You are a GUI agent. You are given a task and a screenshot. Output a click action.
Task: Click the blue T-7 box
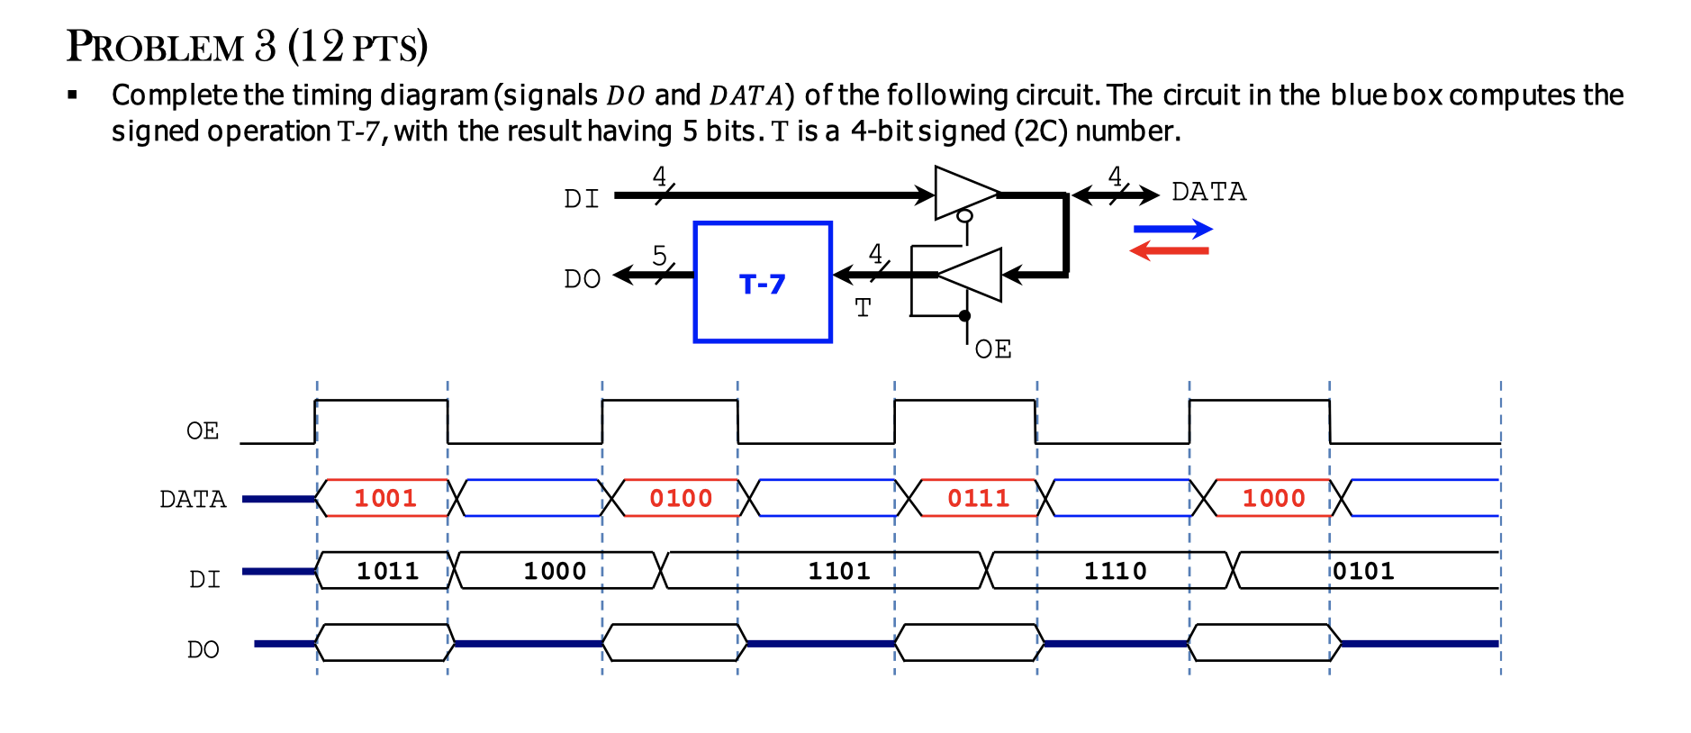pos(762,283)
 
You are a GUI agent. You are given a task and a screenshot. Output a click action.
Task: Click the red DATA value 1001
pos(385,498)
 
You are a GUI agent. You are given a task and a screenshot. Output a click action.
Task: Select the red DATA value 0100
pos(681,498)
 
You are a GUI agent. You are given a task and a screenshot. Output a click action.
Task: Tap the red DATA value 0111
pos(978,498)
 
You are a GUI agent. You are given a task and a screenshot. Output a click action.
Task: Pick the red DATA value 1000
pos(1273,498)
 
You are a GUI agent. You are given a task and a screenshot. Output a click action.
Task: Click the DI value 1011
pos(387,571)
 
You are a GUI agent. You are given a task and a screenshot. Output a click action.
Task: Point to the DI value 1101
pos(838,571)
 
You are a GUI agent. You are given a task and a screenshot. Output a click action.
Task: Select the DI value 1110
pos(1115,571)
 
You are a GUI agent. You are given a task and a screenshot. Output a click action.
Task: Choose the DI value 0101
pos(1363,571)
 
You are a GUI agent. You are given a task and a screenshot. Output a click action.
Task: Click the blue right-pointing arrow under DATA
pos(1172,229)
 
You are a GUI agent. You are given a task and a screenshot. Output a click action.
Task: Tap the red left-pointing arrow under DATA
pos(1169,250)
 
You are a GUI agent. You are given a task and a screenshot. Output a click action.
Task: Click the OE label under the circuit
pos(992,349)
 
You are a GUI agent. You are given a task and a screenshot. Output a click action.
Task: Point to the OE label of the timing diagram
pos(203,431)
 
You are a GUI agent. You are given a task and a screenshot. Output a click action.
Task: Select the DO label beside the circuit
pos(582,279)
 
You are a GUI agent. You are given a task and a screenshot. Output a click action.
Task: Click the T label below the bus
pos(863,308)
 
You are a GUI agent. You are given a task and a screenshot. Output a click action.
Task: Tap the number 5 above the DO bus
pos(659,256)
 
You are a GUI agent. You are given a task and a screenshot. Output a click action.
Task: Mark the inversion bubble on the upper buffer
pos(964,216)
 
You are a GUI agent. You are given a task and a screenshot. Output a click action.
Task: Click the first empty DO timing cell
pos(383,642)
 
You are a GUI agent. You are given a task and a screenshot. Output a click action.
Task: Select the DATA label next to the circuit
pos(1208,192)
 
